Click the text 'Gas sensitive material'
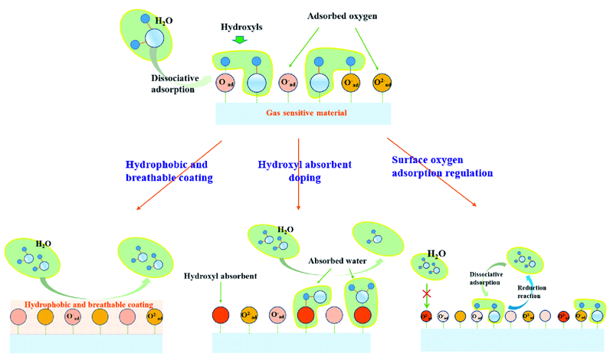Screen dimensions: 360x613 click(301, 113)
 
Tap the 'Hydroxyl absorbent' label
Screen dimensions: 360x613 click(220, 274)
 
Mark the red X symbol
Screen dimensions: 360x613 click(426, 294)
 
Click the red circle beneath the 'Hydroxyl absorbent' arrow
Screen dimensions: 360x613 click(222, 315)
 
